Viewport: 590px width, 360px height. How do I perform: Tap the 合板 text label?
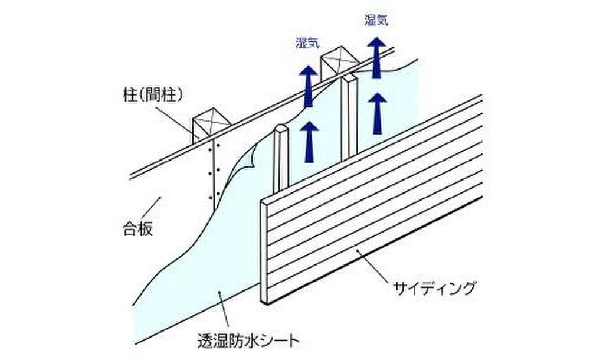(139, 228)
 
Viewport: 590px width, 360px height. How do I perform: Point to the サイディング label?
(434, 289)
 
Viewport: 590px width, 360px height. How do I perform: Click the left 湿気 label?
(307, 42)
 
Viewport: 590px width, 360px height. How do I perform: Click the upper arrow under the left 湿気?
(307, 86)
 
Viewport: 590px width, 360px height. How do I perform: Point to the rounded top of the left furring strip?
(281, 129)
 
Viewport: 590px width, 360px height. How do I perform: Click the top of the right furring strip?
(352, 78)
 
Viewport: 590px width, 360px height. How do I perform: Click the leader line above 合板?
(151, 207)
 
